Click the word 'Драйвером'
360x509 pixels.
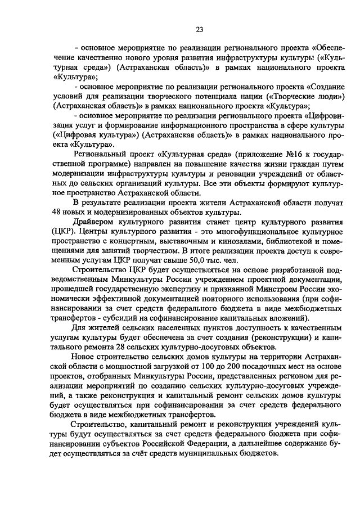coord(96,222)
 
